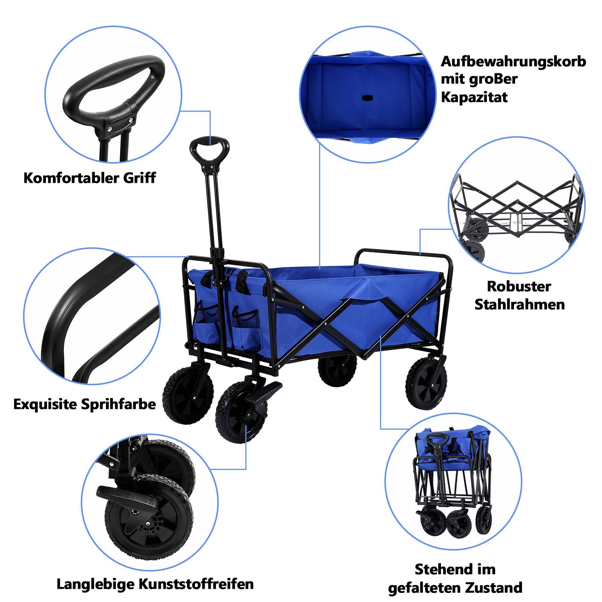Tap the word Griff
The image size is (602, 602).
tap(140, 178)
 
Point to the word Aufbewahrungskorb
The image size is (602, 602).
tap(513, 61)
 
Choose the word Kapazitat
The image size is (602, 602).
tap(474, 97)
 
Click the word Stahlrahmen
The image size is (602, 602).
tap(520, 304)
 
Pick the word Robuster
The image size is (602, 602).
tap(519, 286)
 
